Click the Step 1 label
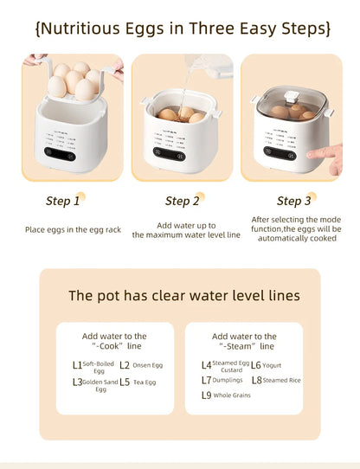coord(62,201)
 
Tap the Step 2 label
coord(182,201)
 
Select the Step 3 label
coord(294,201)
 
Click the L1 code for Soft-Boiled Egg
coord(78,365)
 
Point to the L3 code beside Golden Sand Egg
coord(77,382)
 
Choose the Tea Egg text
coord(145,382)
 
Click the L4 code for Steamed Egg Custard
coord(206,365)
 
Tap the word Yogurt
coord(272,365)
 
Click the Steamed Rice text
coord(280,380)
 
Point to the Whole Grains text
coord(232,395)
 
